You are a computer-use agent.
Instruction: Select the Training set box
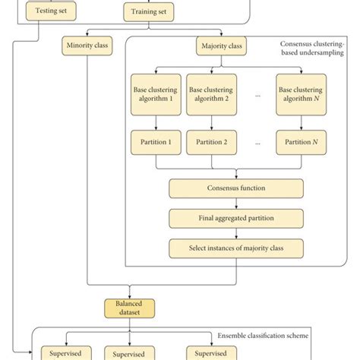pos(150,11)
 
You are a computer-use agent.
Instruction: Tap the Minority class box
pos(87,47)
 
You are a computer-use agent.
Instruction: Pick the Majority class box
pos(220,47)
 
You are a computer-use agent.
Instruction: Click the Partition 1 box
pos(156,141)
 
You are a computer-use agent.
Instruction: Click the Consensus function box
pos(236,188)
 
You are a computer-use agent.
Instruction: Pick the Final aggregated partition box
pos(236,218)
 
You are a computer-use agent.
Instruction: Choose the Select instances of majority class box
pos(236,248)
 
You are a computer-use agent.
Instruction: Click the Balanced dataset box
pos(130,307)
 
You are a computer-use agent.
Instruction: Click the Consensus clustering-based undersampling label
pos(311,48)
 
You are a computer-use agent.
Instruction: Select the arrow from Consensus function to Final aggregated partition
pos(236,203)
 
